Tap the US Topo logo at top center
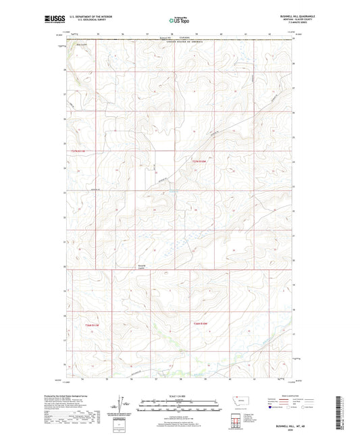tap(179, 21)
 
